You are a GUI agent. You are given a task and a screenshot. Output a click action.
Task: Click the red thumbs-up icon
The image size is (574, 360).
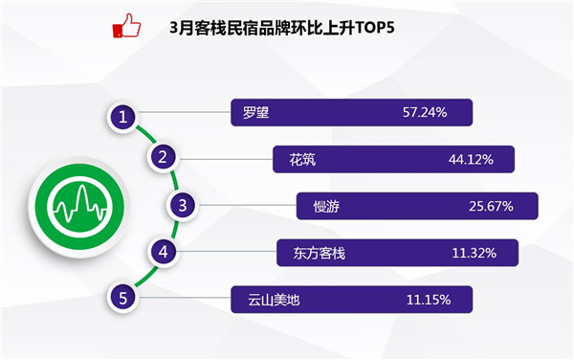click(x=126, y=26)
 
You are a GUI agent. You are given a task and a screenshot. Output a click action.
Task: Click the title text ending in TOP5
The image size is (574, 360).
click(x=282, y=28)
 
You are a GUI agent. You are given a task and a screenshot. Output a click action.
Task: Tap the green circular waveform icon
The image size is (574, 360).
click(x=79, y=206)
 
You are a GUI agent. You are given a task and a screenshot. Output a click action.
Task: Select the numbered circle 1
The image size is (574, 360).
click(x=123, y=117)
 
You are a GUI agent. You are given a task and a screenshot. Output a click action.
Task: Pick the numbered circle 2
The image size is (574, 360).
click(x=163, y=157)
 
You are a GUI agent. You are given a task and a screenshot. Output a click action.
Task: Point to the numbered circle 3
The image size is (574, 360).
click(x=183, y=205)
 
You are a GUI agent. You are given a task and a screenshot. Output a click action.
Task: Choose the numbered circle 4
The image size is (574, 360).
click(x=164, y=252)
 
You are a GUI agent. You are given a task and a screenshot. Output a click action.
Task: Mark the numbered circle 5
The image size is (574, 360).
click(x=123, y=298)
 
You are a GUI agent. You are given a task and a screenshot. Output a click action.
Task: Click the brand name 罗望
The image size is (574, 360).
click(x=255, y=112)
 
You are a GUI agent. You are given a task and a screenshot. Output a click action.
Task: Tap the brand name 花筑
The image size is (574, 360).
click(x=302, y=160)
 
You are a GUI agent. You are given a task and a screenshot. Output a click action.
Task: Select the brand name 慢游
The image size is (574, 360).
click(x=326, y=207)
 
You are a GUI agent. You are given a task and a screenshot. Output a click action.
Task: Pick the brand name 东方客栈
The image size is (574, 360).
click(x=320, y=254)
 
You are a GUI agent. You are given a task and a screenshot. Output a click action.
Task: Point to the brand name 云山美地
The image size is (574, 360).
click(x=274, y=301)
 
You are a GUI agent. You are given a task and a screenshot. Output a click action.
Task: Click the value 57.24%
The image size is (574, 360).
click(x=425, y=112)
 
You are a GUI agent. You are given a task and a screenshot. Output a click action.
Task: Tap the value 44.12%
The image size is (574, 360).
click(x=471, y=160)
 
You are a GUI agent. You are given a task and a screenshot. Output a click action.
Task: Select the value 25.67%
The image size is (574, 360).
click(x=491, y=207)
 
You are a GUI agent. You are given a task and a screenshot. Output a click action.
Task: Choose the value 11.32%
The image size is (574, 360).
click(x=475, y=254)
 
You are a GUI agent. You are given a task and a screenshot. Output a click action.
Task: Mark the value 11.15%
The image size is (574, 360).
click(x=429, y=301)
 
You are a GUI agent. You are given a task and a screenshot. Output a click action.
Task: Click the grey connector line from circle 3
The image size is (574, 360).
click(x=247, y=205)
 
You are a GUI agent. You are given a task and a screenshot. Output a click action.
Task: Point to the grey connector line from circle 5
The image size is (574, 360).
click(x=184, y=298)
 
